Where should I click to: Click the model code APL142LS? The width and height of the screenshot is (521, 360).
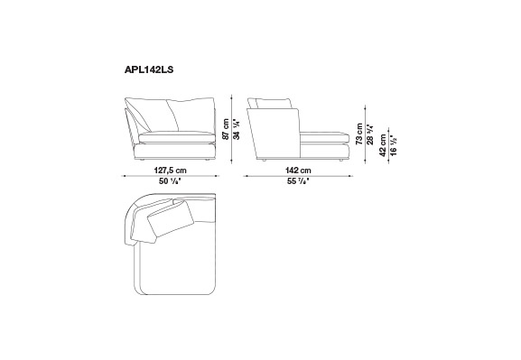click(149, 69)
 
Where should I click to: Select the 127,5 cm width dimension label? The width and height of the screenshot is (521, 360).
click(171, 171)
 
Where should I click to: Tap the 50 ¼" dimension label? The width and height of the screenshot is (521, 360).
click(170, 181)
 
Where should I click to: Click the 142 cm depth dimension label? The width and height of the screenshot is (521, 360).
click(298, 171)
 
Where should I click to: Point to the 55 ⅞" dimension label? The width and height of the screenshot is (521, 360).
click(298, 181)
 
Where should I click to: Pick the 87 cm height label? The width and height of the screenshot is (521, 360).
click(226, 129)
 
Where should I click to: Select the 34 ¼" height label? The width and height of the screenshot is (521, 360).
click(237, 129)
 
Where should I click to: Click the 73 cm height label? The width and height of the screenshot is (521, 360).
click(359, 134)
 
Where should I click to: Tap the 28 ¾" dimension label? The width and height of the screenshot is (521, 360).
click(370, 134)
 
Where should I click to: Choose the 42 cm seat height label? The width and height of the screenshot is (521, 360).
click(383, 145)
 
